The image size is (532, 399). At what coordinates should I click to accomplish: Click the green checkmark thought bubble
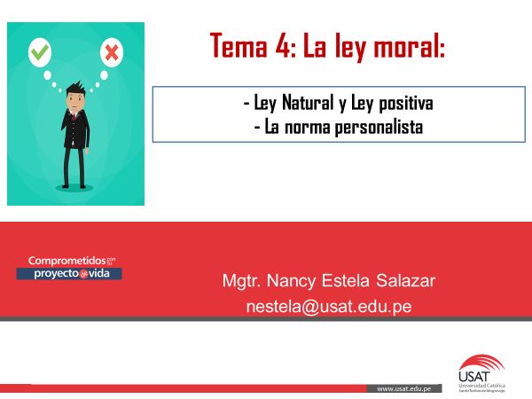point(40,52)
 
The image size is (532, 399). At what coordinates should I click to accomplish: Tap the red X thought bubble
point(112,52)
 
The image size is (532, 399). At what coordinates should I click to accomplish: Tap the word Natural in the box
point(315,105)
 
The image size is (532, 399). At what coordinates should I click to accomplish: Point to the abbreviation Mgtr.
point(241,282)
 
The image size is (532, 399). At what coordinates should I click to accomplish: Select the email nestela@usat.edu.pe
point(327,306)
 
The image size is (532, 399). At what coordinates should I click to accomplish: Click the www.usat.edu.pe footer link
point(404,388)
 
